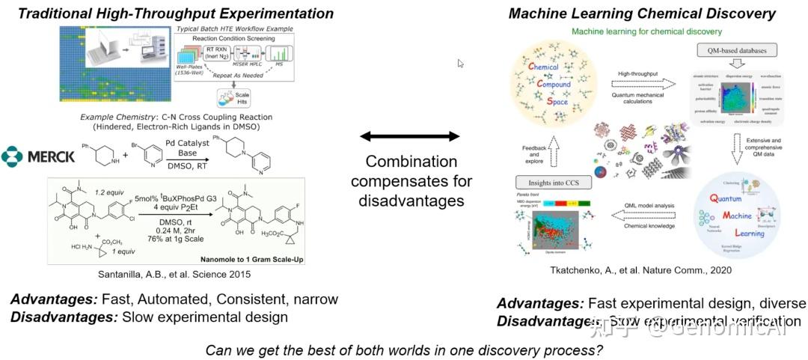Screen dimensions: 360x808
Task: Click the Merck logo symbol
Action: [x=12, y=156]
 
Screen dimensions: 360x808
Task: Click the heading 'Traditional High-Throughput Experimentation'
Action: [x=176, y=13]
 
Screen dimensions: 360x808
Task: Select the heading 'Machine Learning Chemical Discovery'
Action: [x=642, y=13]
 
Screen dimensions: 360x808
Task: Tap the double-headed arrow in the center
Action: [x=410, y=136]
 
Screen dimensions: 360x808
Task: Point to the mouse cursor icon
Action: [x=461, y=64]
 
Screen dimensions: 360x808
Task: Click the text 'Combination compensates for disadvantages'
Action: [x=411, y=181]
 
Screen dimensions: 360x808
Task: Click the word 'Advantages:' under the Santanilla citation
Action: [x=53, y=299]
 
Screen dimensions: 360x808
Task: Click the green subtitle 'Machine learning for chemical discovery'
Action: [x=646, y=32]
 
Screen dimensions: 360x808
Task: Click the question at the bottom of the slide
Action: [x=404, y=349]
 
